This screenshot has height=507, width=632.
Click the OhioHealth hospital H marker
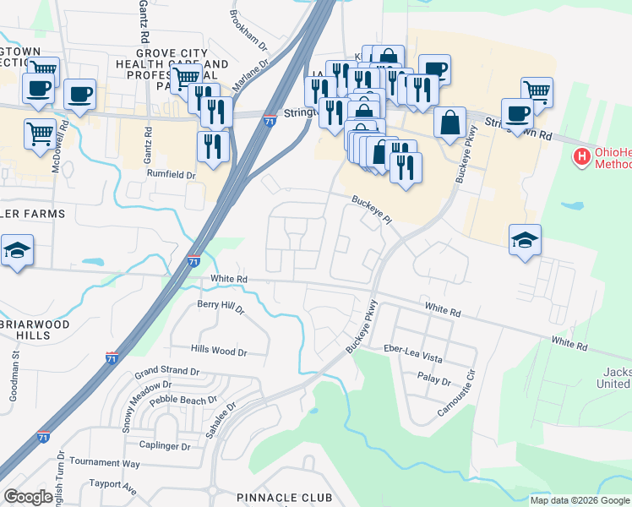(x=581, y=156)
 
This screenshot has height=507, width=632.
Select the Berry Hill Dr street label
(x=220, y=307)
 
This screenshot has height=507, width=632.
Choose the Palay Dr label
(x=435, y=380)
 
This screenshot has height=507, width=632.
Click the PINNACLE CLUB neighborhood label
(x=285, y=498)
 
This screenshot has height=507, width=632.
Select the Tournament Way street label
(x=105, y=463)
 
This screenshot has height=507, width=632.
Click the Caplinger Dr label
(x=165, y=445)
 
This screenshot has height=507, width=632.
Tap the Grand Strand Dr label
(x=166, y=371)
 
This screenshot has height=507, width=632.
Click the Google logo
(x=28, y=497)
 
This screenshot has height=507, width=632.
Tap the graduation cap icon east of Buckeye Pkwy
(x=525, y=241)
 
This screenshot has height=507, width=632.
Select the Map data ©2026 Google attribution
(x=578, y=500)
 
